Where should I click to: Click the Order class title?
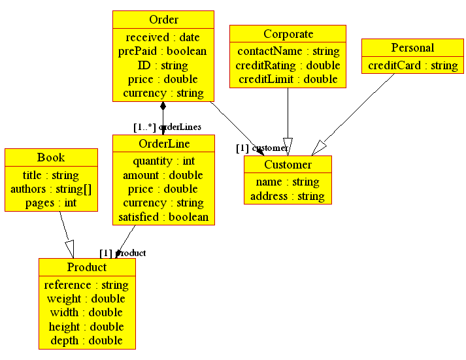click(x=163, y=20)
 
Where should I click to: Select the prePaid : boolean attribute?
click(x=163, y=51)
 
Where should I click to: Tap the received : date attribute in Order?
click(x=163, y=37)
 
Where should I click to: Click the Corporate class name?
click(x=288, y=34)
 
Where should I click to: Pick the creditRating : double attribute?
click(x=288, y=65)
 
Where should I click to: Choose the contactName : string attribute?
click(x=288, y=51)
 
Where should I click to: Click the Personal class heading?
click(x=412, y=48)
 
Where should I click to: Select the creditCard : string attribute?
click(x=412, y=65)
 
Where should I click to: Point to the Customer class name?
click(x=288, y=165)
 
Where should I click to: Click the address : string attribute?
click(x=288, y=196)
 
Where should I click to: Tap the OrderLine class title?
click(x=164, y=144)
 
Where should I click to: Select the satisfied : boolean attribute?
click(x=164, y=217)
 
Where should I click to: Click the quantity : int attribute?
click(x=164, y=161)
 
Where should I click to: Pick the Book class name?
click(x=51, y=157)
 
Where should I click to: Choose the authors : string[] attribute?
click(x=51, y=189)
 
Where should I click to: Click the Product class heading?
click(x=87, y=267)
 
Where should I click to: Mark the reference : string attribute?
click(x=87, y=285)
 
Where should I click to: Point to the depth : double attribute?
click(x=87, y=340)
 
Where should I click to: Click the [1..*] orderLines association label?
click(x=167, y=127)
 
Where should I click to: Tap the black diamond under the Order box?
click(x=163, y=106)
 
